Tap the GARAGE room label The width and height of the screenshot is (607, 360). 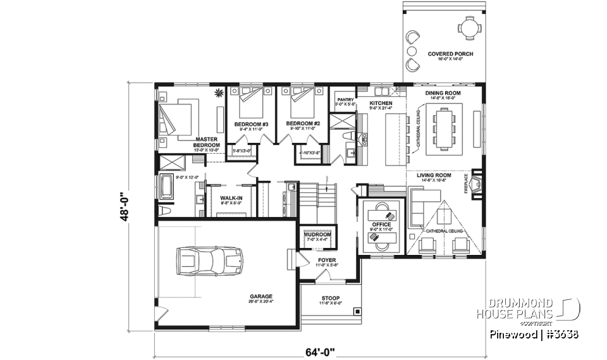tap(261, 295)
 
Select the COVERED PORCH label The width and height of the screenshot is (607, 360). tap(450, 54)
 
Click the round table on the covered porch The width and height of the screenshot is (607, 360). tap(467, 27)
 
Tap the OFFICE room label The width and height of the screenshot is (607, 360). tap(382, 225)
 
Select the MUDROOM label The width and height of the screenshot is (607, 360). tap(317, 234)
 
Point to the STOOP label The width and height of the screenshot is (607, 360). tap(329, 298)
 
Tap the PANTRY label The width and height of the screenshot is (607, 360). tap(345, 99)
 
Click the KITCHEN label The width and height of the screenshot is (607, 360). tap(381, 103)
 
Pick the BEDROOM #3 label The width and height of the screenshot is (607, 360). tap(252, 123)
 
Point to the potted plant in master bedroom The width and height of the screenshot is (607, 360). tap(219, 94)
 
